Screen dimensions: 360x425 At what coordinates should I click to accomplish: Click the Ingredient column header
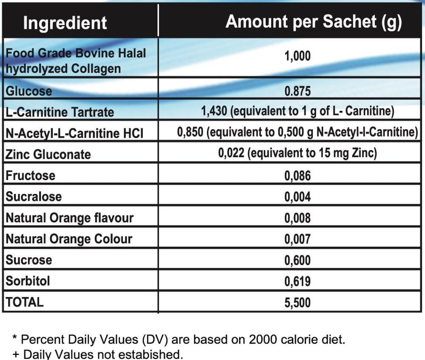click(65, 22)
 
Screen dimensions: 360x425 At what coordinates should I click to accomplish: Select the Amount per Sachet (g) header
click(314, 22)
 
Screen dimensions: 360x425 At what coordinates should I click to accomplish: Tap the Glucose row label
click(28, 91)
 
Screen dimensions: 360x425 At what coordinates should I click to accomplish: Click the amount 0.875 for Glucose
click(297, 91)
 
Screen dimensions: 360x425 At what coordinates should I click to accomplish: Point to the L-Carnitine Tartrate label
click(59, 112)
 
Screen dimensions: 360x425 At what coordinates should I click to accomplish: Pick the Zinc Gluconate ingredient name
click(48, 154)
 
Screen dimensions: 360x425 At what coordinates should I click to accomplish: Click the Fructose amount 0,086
click(297, 175)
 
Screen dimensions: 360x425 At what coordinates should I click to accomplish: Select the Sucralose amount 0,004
click(297, 197)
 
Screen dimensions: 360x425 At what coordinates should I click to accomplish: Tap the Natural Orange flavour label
click(69, 218)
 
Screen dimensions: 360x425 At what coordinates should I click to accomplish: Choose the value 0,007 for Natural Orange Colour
click(297, 239)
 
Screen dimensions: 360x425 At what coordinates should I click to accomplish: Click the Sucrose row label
click(28, 260)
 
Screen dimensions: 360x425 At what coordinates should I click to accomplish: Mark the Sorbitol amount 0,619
click(297, 281)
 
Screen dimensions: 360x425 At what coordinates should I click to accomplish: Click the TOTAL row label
click(24, 302)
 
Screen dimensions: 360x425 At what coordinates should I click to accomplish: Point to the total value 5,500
click(297, 302)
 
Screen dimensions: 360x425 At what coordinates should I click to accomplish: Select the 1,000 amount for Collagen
click(297, 56)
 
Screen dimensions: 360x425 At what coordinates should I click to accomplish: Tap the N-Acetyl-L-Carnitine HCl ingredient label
click(74, 133)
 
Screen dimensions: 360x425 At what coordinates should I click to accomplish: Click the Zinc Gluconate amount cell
click(297, 153)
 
